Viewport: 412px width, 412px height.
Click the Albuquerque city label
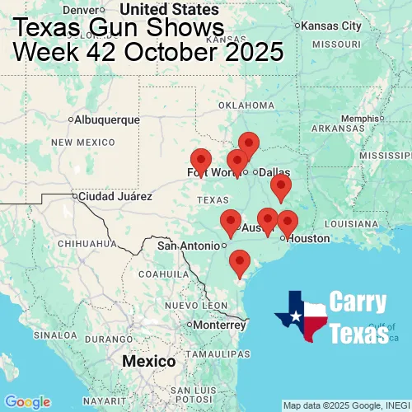pyautogui.click(x=107, y=119)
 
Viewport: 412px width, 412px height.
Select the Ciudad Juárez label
pyautogui.click(x=115, y=197)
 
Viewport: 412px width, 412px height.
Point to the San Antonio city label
pyautogui.click(x=190, y=245)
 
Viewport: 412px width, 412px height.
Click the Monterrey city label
pyautogui.click(x=221, y=325)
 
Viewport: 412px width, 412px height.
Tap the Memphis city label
pyautogui.click(x=357, y=119)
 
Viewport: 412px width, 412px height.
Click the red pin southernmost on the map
pyautogui.click(x=240, y=263)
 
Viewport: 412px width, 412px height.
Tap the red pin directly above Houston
pyautogui.click(x=287, y=222)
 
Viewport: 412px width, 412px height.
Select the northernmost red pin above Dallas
pyautogui.click(x=249, y=145)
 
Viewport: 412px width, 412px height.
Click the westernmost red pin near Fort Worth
pyautogui.click(x=200, y=162)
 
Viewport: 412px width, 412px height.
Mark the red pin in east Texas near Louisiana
pyautogui.click(x=281, y=187)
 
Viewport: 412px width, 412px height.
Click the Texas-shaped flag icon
pyautogui.click(x=301, y=316)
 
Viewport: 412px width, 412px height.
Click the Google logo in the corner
pyautogui.click(x=26, y=402)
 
